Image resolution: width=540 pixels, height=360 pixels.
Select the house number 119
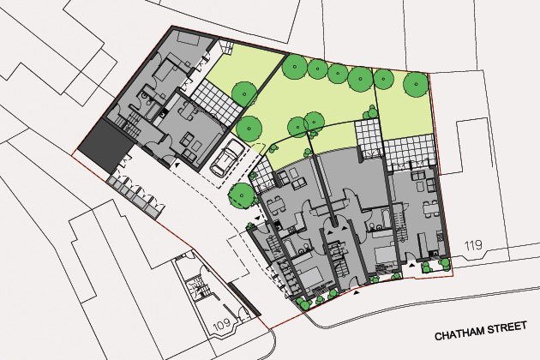[x=473, y=246]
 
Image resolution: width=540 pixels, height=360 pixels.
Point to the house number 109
[x=222, y=324]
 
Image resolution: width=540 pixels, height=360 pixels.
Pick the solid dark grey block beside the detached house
[x=105, y=144]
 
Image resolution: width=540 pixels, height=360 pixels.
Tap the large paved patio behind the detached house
[x=216, y=102]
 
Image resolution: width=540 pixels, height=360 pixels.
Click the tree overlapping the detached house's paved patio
[x=244, y=94]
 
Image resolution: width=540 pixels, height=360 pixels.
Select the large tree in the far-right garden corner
[x=416, y=84]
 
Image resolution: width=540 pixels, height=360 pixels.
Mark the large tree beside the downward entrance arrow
[x=242, y=195]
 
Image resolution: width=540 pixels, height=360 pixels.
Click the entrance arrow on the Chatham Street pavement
[x=357, y=292]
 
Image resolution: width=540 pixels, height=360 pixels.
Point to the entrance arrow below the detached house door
[x=177, y=165]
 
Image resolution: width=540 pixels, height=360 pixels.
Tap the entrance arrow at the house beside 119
[x=411, y=265]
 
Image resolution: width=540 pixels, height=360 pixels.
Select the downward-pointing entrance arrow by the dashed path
[x=258, y=219]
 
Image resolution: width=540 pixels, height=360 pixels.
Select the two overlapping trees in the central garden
[x=306, y=123]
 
